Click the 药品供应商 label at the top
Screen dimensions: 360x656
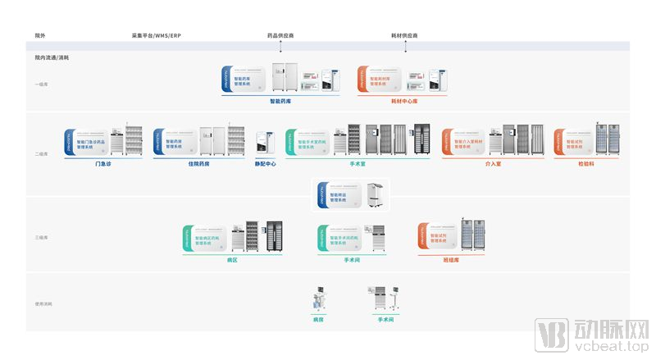[x=280, y=36]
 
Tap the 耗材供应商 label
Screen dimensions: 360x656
[x=404, y=36]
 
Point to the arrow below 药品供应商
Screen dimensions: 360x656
[x=280, y=48]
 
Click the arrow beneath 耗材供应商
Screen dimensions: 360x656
[x=404, y=48]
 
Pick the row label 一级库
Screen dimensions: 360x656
[x=43, y=84]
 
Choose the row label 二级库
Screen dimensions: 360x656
[x=43, y=153]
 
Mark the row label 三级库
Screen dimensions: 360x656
[x=43, y=238]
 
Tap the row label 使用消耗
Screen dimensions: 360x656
[x=43, y=304]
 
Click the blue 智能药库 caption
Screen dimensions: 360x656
[x=280, y=101]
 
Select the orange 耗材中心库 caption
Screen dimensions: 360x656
[x=404, y=101]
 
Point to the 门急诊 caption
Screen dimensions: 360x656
[x=103, y=163]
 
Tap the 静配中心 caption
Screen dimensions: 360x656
[x=265, y=163]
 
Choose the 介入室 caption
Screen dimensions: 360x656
[x=492, y=163]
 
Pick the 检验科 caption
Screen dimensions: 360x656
[x=587, y=163]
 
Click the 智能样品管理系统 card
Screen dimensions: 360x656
[x=338, y=195]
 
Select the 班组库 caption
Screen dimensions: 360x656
[x=450, y=260]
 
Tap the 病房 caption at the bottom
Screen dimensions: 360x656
[x=319, y=320]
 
